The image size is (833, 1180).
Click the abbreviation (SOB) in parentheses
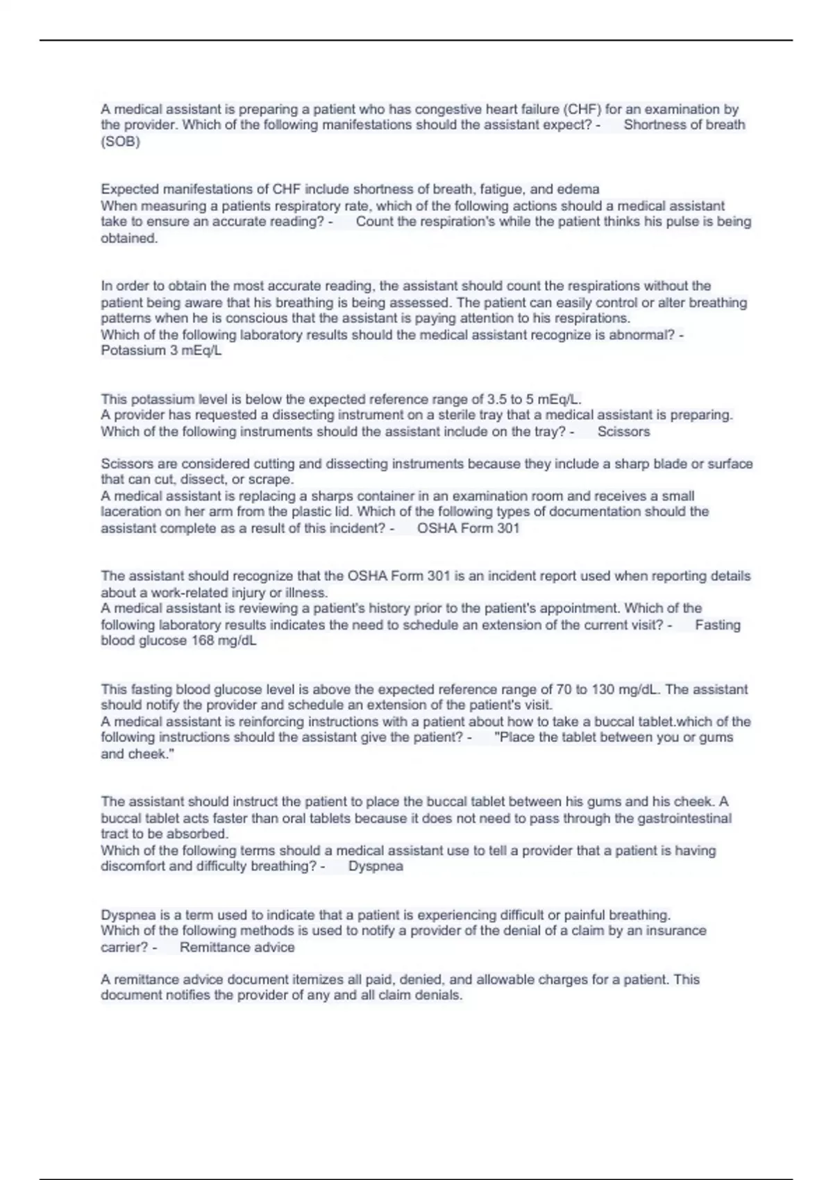[120, 142]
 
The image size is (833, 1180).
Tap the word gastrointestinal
[684, 818]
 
